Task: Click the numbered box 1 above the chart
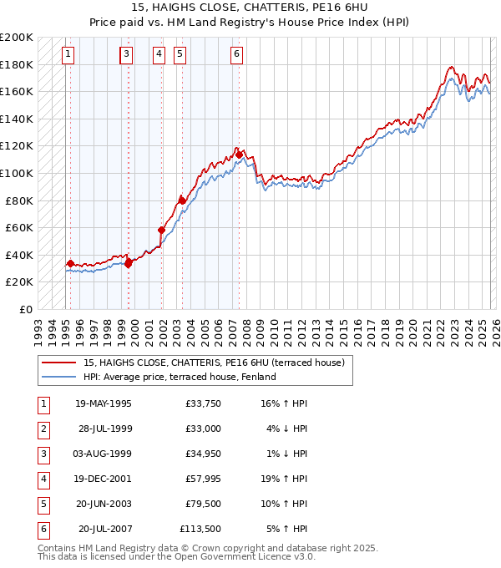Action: [68, 54]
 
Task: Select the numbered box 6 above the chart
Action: [237, 54]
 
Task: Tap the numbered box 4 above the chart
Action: [159, 54]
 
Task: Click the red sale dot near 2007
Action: [239, 155]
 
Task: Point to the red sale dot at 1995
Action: [70, 263]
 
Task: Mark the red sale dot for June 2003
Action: [181, 200]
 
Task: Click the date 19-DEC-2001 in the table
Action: [104, 479]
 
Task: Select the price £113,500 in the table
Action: [200, 529]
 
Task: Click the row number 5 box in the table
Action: [43, 504]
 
